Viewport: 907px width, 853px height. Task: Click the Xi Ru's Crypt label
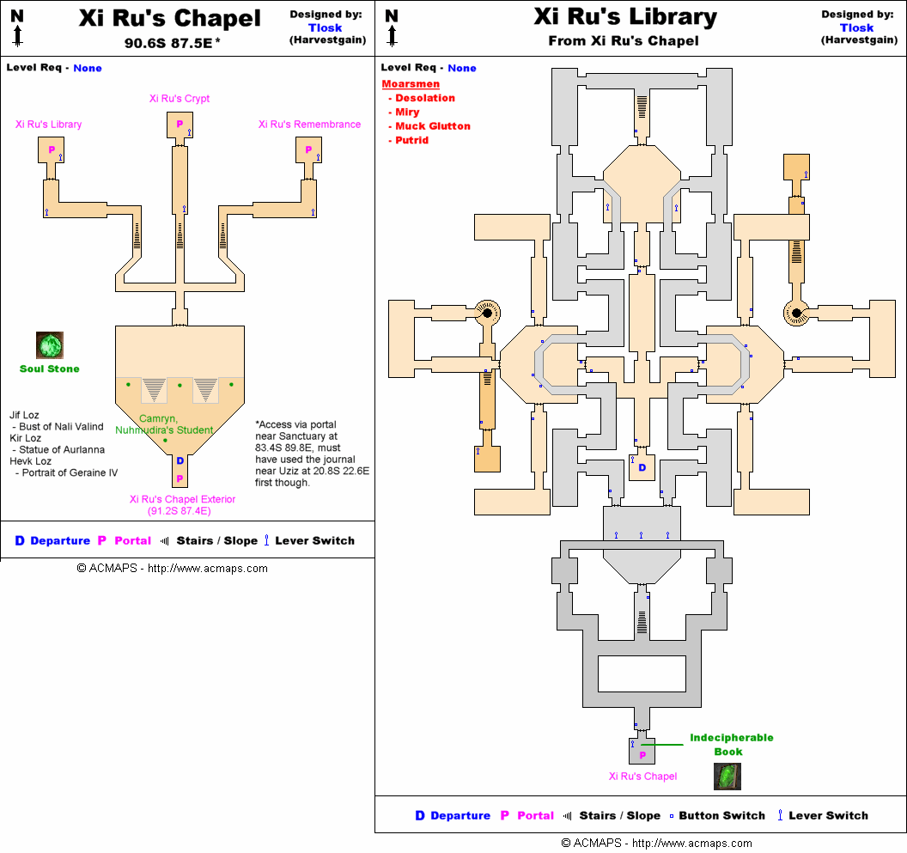point(179,99)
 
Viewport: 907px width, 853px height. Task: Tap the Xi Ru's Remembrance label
point(309,125)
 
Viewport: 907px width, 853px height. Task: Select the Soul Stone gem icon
point(50,345)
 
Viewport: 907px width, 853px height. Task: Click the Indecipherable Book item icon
point(727,776)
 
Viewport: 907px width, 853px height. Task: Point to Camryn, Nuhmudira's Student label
point(164,424)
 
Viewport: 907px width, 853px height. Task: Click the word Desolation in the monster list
point(425,98)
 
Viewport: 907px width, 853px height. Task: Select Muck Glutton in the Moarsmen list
point(433,126)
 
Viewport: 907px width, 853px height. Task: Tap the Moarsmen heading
point(411,84)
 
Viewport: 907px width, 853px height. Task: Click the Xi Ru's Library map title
point(624,17)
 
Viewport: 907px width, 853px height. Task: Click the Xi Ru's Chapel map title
point(169,19)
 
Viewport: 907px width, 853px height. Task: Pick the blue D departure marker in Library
point(642,468)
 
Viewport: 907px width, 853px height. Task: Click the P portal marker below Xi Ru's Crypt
point(180,125)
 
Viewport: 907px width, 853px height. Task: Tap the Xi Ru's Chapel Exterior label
point(182,499)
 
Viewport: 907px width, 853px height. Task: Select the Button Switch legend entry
point(721,815)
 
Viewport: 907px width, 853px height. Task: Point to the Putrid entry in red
point(411,140)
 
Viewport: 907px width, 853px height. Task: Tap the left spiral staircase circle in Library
point(486,313)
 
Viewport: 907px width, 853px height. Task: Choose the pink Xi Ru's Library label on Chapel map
point(49,125)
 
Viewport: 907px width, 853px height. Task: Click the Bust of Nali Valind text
point(61,427)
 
